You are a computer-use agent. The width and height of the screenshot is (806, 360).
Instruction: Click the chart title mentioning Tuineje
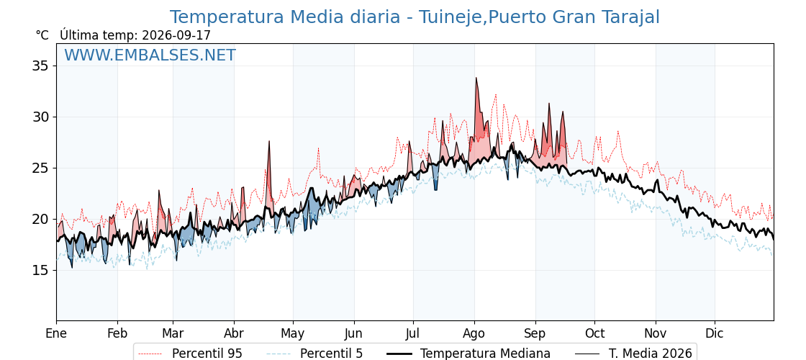pos(415,17)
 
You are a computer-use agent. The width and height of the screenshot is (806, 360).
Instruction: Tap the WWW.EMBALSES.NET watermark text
pos(150,55)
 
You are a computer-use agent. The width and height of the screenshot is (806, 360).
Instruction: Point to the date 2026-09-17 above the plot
pos(176,35)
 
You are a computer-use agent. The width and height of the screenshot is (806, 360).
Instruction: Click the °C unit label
pos(42,35)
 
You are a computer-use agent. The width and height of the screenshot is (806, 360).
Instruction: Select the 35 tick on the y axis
pos(40,66)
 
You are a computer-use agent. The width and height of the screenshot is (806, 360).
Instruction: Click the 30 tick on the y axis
pos(40,117)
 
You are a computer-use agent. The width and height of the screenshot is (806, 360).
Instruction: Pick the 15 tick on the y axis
pos(40,271)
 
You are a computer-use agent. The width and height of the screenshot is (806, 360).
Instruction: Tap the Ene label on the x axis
pos(56,334)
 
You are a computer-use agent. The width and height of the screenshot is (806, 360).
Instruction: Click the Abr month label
pos(234,334)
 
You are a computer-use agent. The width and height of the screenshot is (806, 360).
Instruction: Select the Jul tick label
pos(413,334)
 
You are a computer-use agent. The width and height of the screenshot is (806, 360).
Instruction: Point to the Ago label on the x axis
pos(474,334)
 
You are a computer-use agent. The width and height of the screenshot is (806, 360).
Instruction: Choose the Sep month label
pos(535,334)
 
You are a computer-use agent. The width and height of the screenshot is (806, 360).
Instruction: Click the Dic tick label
pos(714,334)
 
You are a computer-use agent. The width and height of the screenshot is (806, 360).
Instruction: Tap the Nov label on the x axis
pos(656,334)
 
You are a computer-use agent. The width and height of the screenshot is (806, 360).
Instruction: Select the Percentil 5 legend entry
pos(315,354)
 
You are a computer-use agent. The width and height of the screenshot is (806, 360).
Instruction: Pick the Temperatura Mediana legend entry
pos(468,354)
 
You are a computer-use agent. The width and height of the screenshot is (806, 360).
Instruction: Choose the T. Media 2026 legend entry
pos(633,354)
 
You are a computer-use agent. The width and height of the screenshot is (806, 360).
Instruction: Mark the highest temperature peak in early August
pos(476,78)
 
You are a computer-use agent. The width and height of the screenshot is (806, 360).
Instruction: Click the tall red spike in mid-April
pos(268,141)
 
